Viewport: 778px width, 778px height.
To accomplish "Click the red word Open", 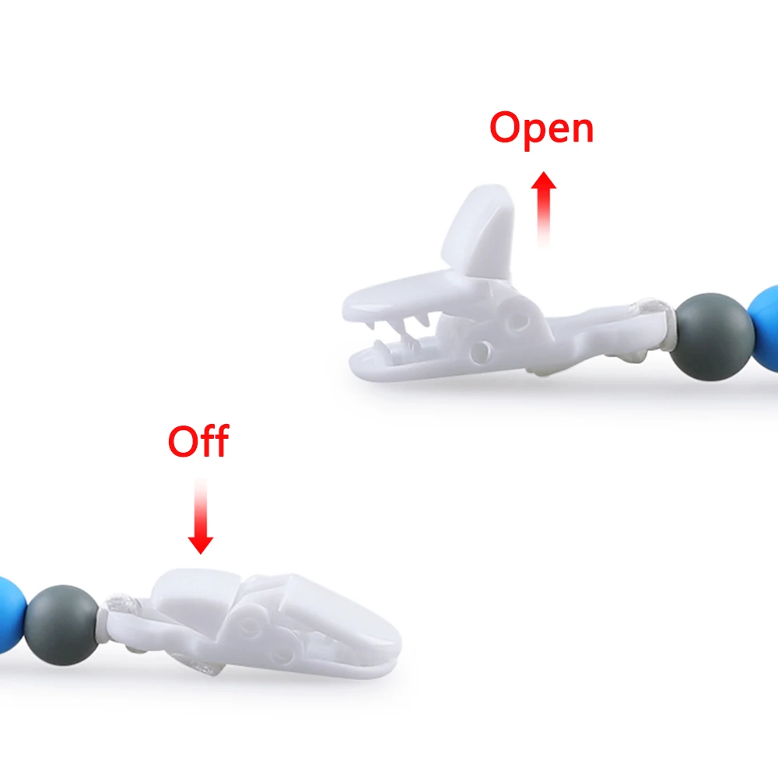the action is pos(541,128).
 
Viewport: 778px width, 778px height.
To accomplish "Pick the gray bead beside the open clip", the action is pos(715,336).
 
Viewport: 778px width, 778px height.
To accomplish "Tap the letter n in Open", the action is pos(580,130).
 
